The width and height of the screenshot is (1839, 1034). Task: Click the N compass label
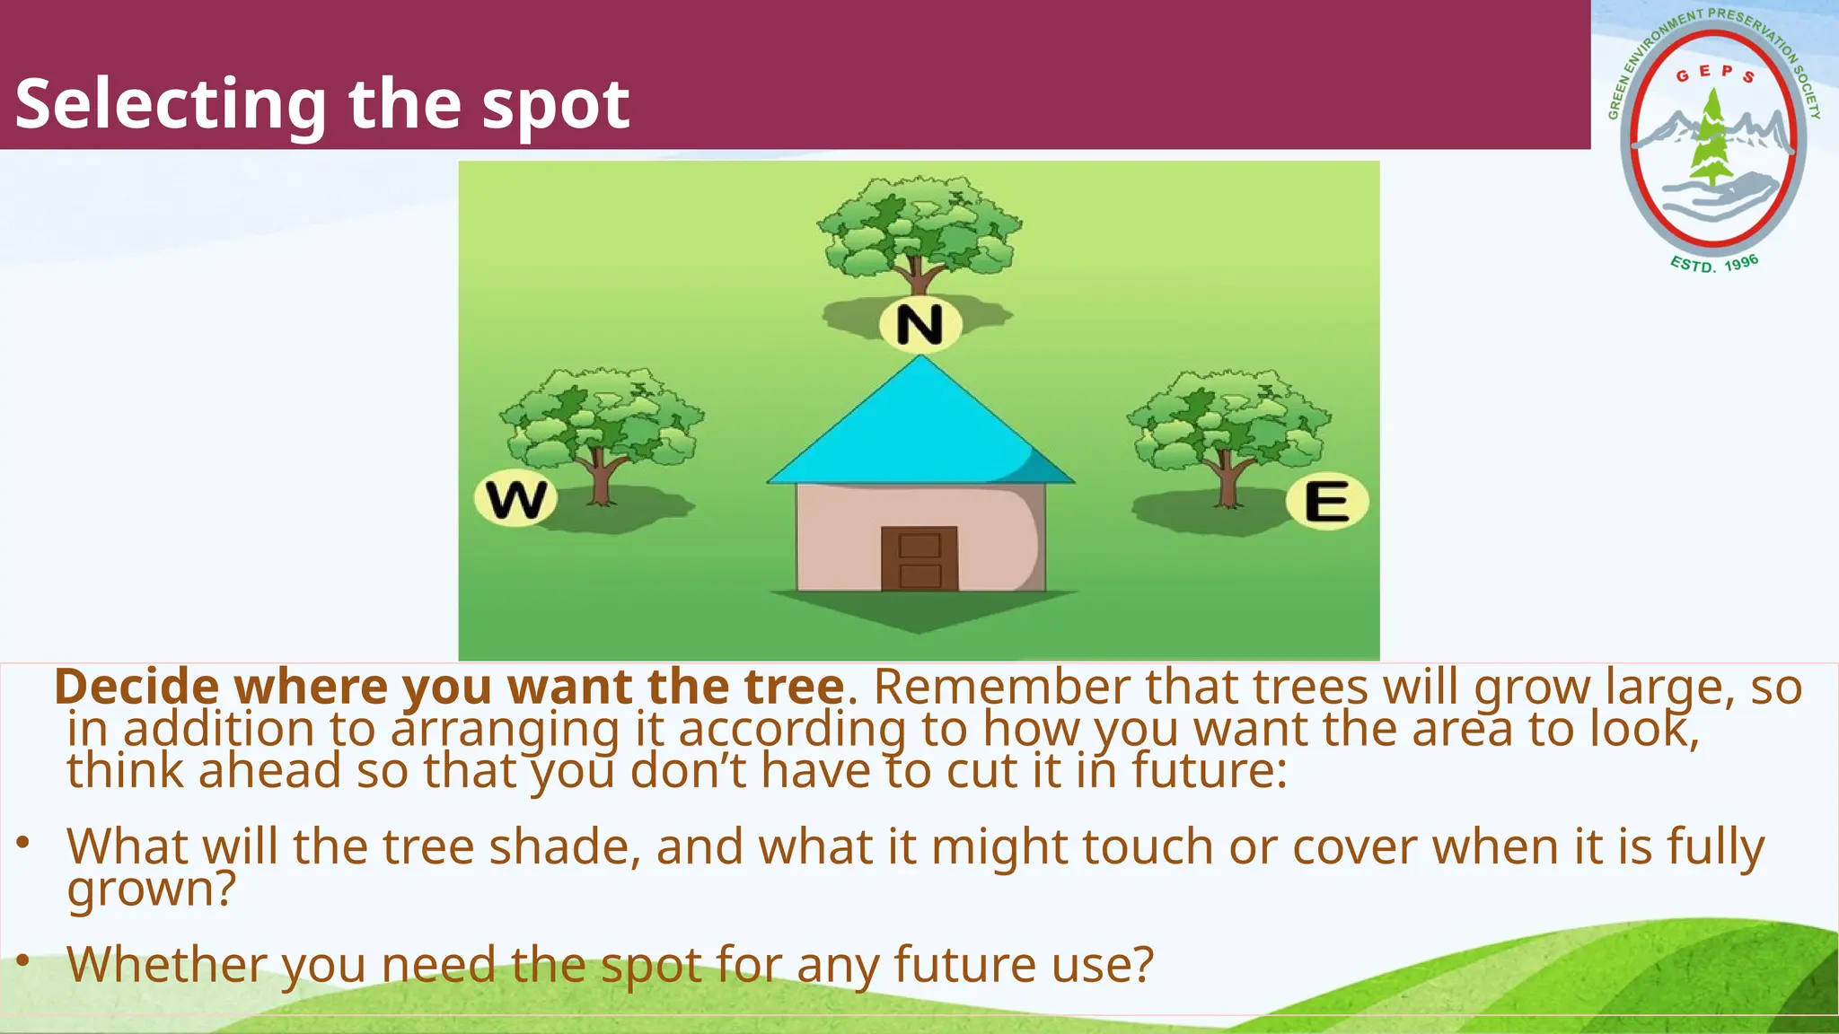[x=919, y=325]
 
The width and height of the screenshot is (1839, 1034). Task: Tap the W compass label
[x=515, y=500]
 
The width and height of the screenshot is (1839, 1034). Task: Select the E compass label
[x=1326, y=501]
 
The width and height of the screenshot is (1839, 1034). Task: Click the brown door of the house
[x=919, y=558]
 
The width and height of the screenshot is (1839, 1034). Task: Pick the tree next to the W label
[x=602, y=426]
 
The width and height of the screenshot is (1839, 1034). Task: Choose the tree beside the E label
[x=1228, y=429]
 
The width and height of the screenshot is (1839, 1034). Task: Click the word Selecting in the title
[x=171, y=105]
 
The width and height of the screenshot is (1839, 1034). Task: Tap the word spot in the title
[x=555, y=105]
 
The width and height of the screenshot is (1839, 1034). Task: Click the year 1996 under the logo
[x=1741, y=263]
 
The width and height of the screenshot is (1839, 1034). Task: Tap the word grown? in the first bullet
[x=151, y=889]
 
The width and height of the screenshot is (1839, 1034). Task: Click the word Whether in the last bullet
[x=167, y=965]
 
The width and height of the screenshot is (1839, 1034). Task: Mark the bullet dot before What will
[x=23, y=843]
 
